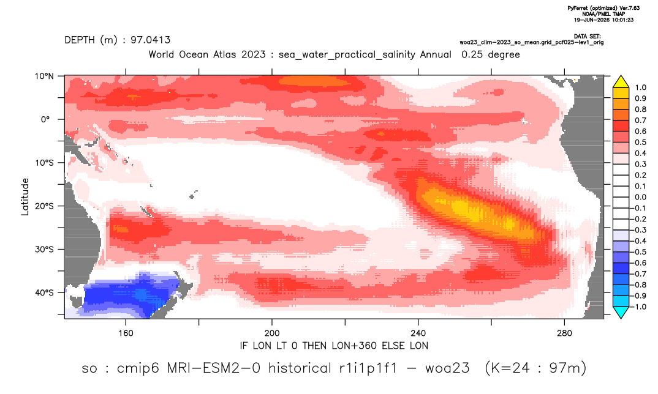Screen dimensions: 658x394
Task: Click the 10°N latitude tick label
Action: (x=44, y=76)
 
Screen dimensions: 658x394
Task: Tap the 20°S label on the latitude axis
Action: (x=44, y=206)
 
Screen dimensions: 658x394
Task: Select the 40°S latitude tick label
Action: (x=44, y=292)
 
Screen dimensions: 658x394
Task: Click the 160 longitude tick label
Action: (x=126, y=333)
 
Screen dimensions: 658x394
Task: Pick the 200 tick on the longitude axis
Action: (x=272, y=333)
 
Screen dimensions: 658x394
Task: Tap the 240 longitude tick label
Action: (x=418, y=333)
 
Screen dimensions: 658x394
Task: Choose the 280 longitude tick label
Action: (x=564, y=333)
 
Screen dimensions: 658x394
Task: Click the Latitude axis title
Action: (x=25, y=197)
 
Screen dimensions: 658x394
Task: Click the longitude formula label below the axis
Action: (x=334, y=346)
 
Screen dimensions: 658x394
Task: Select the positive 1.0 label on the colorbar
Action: (x=640, y=87)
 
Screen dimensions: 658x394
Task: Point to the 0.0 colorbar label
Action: (x=640, y=197)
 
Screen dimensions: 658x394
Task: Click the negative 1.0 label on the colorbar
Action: (x=638, y=307)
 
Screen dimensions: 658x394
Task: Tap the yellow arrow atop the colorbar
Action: (x=621, y=82)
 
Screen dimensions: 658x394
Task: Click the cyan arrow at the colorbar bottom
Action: (x=621, y=312)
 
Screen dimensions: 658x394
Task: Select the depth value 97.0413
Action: (x=150, y=40)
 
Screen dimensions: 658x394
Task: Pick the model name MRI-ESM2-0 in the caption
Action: (x=214, y=368)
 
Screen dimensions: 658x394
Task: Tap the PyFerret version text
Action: (x=603, y=8)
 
